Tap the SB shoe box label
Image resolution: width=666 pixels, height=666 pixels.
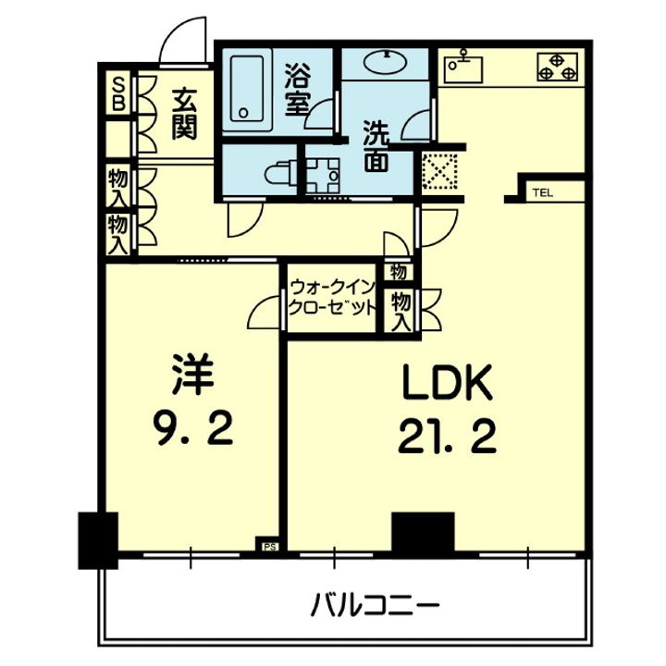coord(117,92)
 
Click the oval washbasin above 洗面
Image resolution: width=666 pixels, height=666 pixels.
coord(386,63)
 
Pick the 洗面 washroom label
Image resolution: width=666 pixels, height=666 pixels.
coord(375,145)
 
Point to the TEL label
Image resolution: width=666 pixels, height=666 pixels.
coord(540,193)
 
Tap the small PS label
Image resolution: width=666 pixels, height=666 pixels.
coord(270,547)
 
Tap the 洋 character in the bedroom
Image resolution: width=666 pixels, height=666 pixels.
coord(191,376)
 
